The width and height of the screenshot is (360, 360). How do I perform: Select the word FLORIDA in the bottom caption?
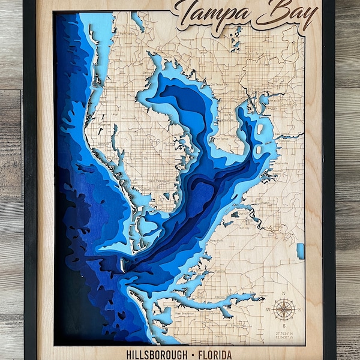214,354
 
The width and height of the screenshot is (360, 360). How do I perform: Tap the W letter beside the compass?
268,310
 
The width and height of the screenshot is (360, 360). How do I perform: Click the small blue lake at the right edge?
300,250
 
